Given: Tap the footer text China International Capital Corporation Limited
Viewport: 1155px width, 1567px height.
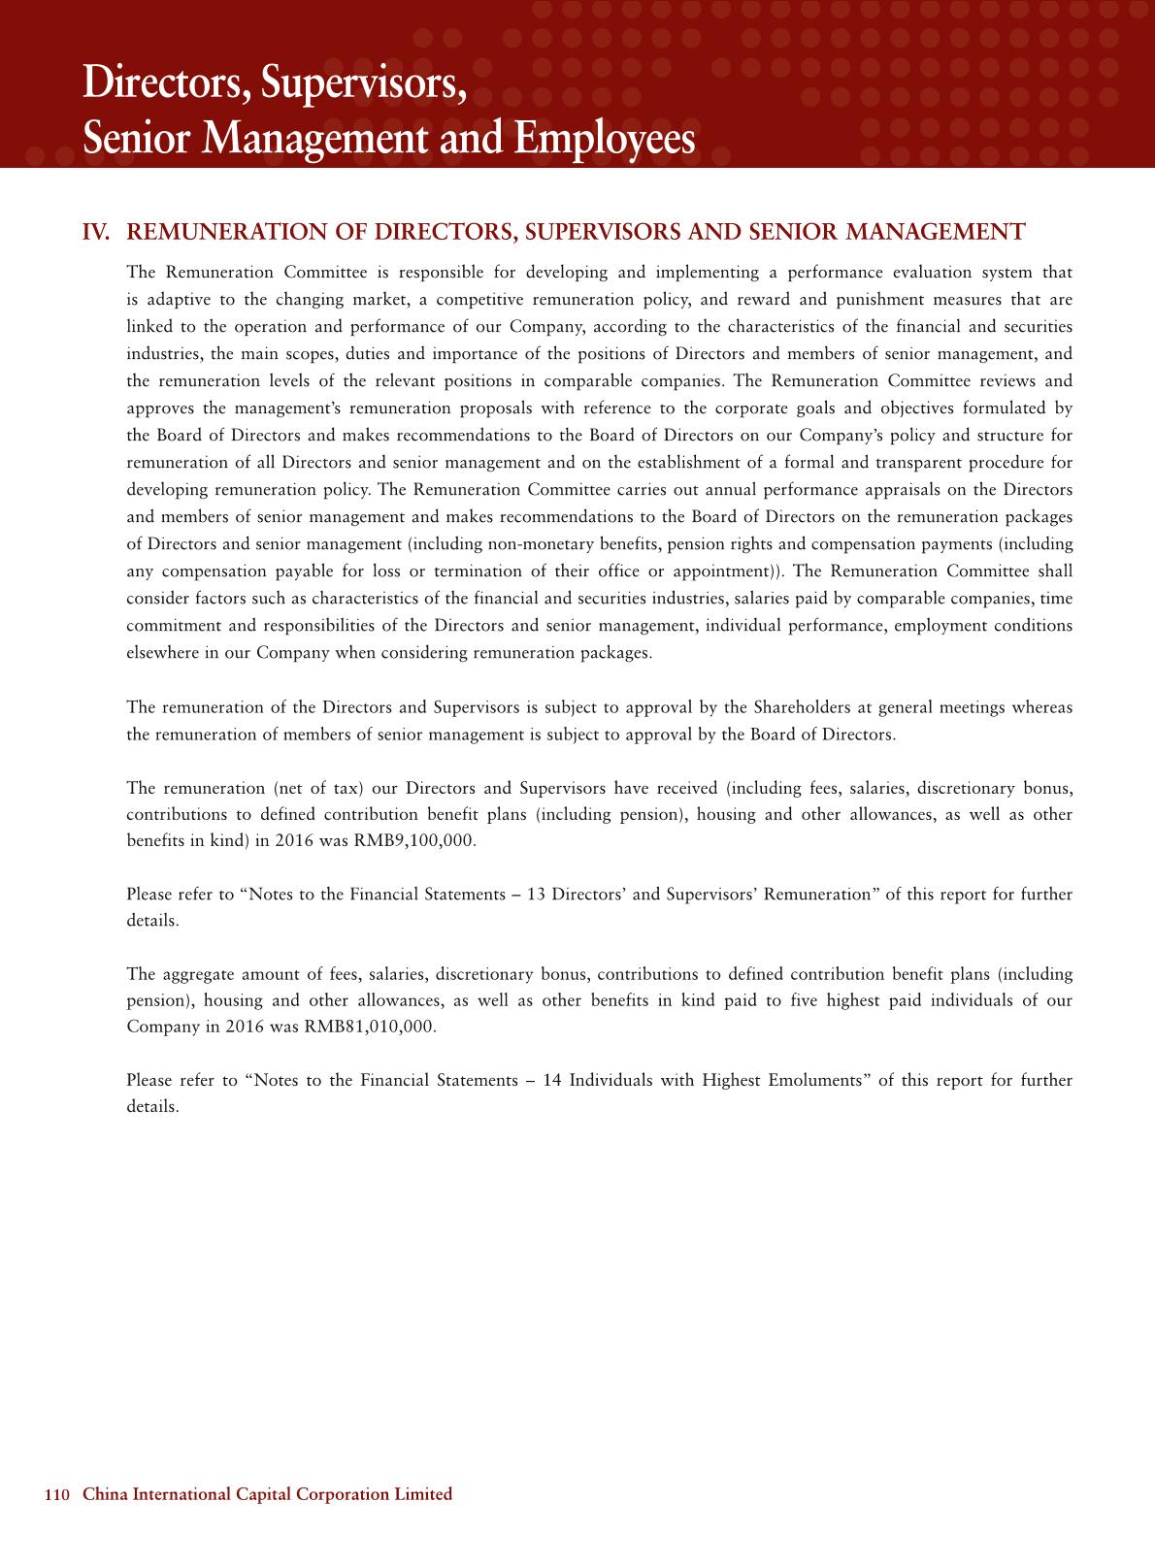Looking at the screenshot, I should point(268,1495).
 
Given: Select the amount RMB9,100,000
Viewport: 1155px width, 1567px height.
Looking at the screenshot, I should point(426,840).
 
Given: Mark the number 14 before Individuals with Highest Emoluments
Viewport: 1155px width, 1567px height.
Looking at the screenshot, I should point(553,1080).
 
